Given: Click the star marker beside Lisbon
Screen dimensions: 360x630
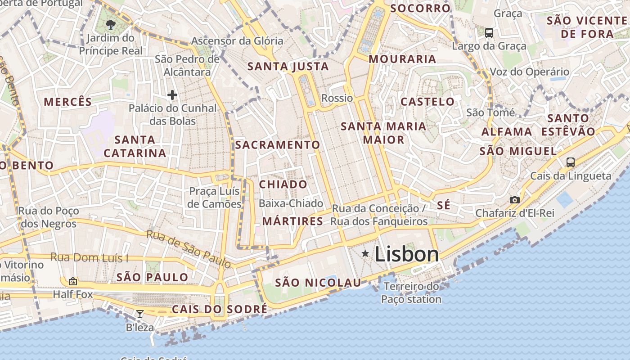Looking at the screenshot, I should [365, 254].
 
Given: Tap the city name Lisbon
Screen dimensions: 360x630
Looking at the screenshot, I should [406, 254].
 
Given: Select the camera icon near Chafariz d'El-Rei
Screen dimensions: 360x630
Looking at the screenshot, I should [514, 200].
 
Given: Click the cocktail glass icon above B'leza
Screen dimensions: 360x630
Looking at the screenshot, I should [140, 314].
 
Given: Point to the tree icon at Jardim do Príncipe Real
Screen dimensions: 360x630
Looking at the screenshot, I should [110, 24].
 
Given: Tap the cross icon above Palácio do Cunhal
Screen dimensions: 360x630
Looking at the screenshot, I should [172, 94].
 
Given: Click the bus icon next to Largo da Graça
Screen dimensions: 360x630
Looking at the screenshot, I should [489, 33].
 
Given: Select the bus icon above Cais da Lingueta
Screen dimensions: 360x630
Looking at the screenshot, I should [571, 162].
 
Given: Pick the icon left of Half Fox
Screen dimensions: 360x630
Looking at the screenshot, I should [72, 281].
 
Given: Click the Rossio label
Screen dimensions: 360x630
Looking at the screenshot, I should [337, 98].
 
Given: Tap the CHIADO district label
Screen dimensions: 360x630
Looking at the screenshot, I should [283, 184].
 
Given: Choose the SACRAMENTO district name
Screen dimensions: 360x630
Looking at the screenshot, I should [277, 145].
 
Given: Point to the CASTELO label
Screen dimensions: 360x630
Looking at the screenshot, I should [427, 102].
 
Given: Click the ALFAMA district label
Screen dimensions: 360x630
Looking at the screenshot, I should [507, 132].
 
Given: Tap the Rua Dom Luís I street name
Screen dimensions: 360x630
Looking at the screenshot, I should [90, 258].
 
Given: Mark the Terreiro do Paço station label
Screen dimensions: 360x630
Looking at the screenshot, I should [411, 292].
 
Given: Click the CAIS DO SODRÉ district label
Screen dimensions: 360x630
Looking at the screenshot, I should [220, 310].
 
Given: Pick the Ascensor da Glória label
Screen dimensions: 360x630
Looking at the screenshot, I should [237, 41].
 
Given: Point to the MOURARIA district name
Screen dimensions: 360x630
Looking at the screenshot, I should [402, 59].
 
